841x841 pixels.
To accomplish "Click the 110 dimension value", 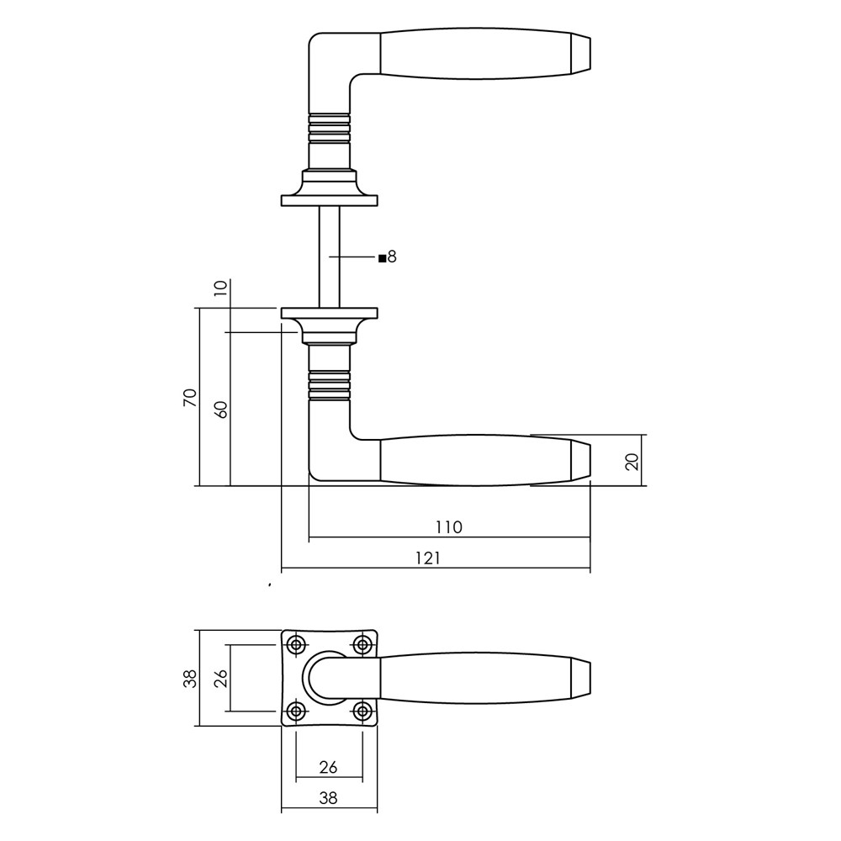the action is [x=448, y=527].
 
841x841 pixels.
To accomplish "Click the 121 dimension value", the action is [x=427, y=558].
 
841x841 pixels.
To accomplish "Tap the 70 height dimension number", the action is [x=191, y=398].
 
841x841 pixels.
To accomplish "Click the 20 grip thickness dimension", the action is [x=633, y=461].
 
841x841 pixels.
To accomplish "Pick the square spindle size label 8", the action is [x=392, y=257].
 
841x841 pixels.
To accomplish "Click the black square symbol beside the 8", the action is [x=383, y=258].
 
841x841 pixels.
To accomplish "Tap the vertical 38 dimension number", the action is [x=191, y=679].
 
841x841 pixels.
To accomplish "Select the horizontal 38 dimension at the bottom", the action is [x=328, y=798].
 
